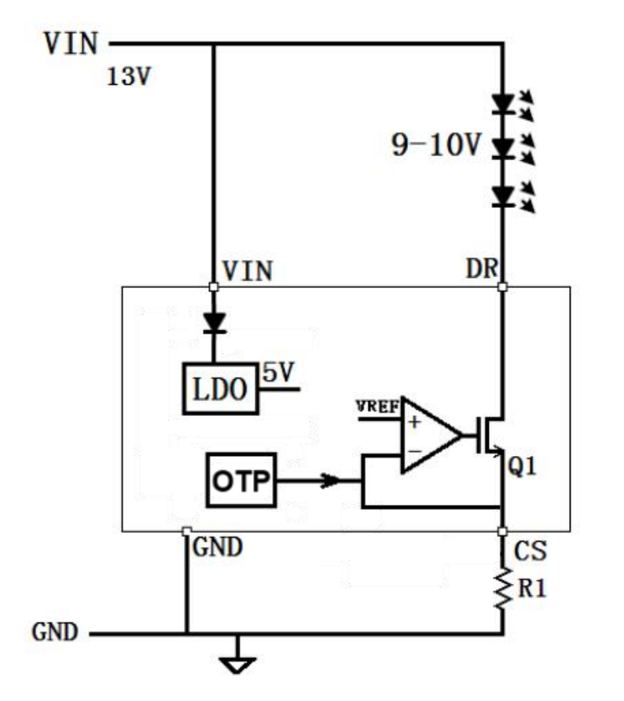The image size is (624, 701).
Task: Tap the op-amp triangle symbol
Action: click(x=431, y=435)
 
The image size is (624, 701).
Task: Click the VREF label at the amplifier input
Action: click(x=377, y=407)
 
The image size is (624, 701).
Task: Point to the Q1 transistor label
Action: click(x=522, y=466)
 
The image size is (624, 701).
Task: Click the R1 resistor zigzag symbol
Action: click(x=503, y=588)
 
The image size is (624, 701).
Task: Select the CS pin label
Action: click(x=530, y=551)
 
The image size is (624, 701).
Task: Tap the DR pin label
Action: click(x=482, y=268)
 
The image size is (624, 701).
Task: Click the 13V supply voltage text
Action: click(x=129, y=76)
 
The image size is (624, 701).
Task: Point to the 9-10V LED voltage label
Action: click(x=436, y=145)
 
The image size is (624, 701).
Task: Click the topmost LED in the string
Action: click(x=503, y=104)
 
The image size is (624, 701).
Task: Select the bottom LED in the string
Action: click(x=503, y=197)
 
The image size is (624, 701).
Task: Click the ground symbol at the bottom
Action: click(x=237, y=665)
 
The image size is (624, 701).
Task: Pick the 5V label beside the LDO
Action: click(x=278, y=372)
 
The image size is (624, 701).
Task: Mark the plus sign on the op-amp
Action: click(x=414, y=422)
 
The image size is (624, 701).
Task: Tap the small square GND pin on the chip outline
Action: click(x=187, y=531)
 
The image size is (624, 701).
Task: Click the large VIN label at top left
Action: click(x=71, y=44)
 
